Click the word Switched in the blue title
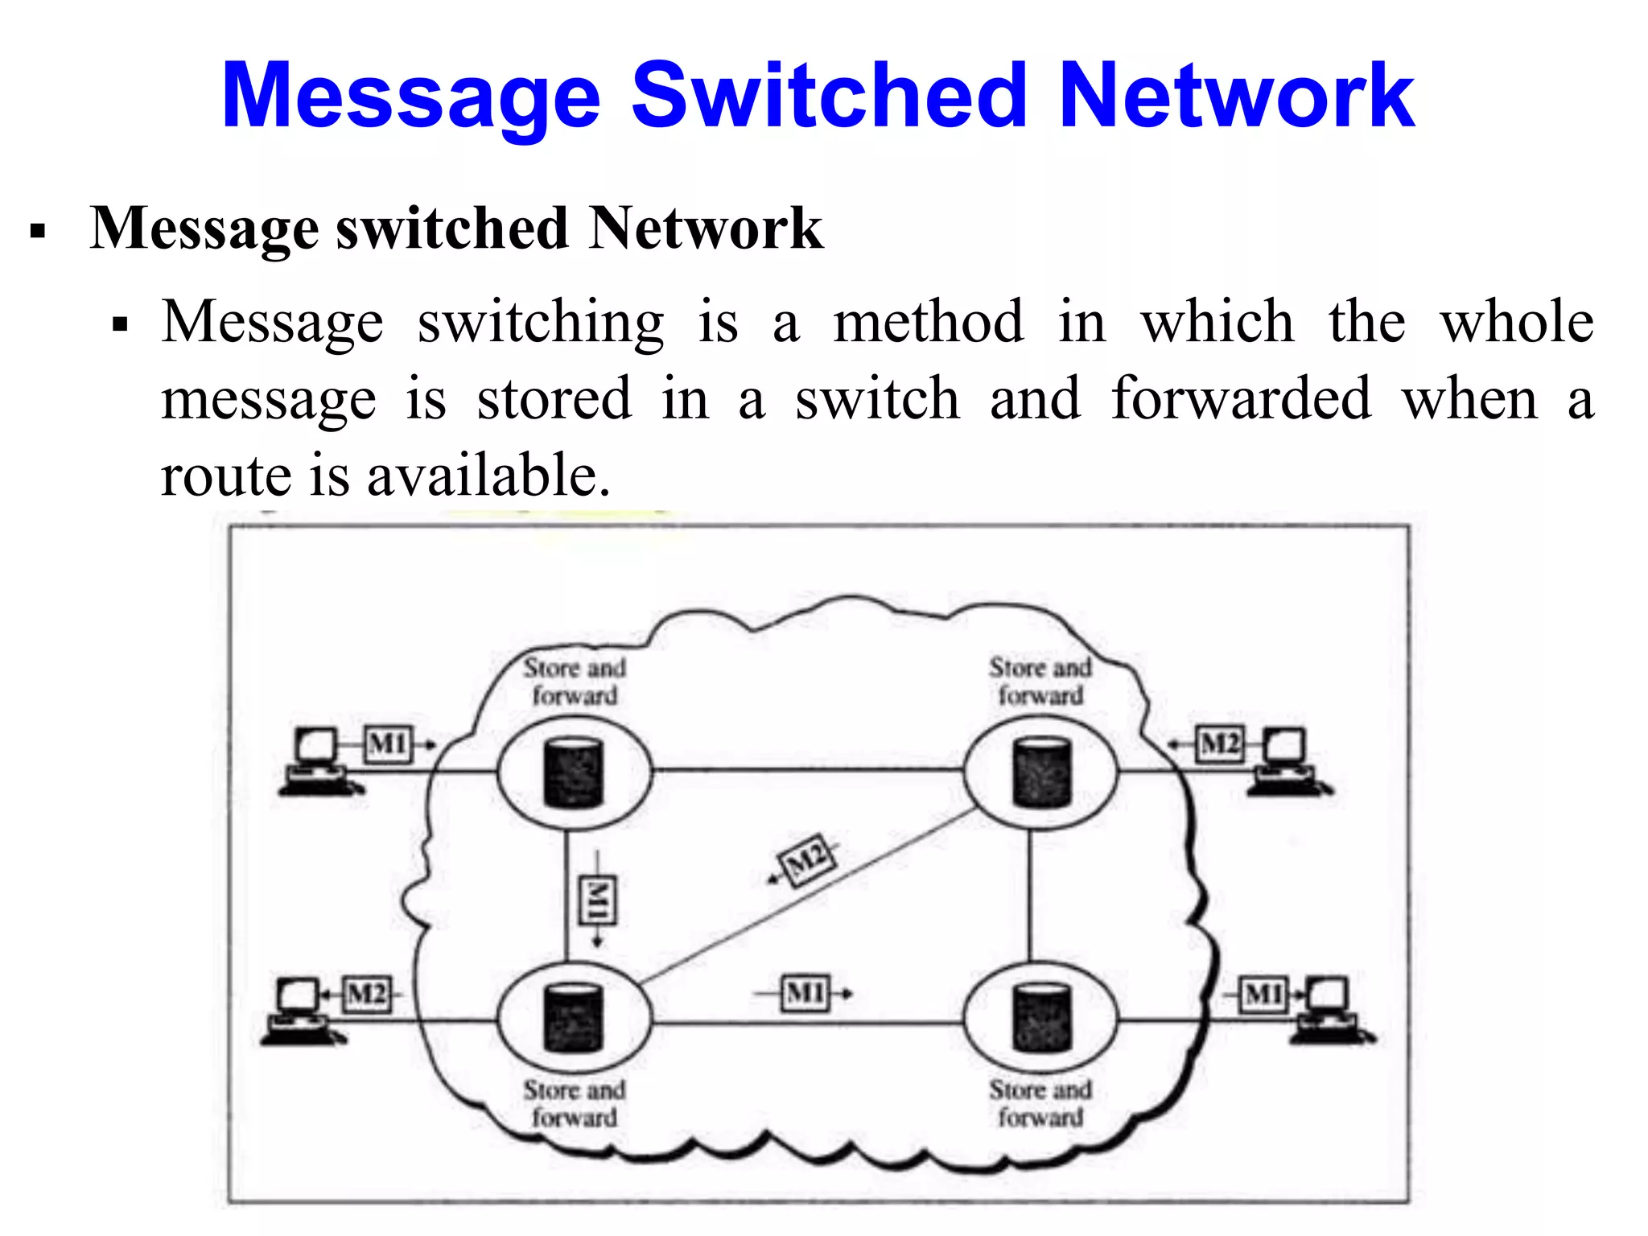coord(829,97)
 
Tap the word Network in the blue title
coord(1235,97)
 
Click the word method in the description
coord(928,322)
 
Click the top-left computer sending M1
coord(317,760)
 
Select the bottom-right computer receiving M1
coord(1328,1010)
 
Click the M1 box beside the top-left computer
coord(389,744)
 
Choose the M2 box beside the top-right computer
coord(1220,744)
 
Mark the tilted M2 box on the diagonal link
coord(809,859)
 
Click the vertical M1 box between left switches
coord(598,899)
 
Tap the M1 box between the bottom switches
coord(805,994)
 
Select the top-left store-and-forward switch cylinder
coord(573,772)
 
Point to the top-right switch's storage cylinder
coord(1041,772)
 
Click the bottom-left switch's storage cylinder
coord(573,1018)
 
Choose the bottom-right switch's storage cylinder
coord(1041,1018)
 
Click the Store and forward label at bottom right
coord(1040,1102)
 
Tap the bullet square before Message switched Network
coord(37,232)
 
